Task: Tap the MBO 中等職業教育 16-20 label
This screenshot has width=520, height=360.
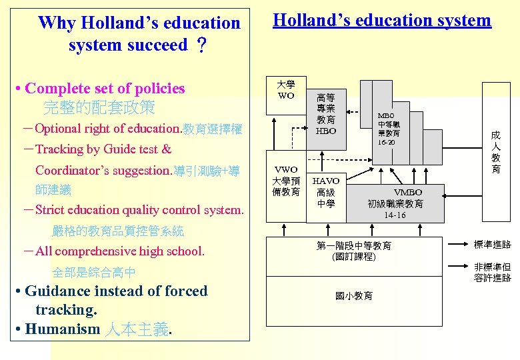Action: coord(386,129)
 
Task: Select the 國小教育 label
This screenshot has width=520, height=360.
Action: coord(353,296)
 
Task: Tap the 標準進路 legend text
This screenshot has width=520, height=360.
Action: coord(492,245)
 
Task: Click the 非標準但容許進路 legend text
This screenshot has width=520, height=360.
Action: coord(492,272)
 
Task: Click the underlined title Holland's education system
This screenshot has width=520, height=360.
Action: coord(382,21)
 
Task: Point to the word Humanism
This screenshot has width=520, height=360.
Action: coord(62,329)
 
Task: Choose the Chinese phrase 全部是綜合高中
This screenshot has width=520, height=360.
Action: coord(93,272)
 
